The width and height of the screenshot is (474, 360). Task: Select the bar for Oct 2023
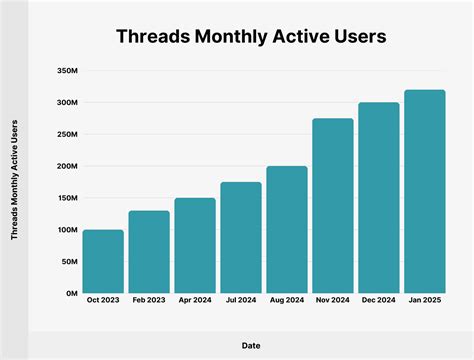pos(103,262)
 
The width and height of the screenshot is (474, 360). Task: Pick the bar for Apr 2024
pos(195,246)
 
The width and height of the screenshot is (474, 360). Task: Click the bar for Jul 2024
pos(241,238)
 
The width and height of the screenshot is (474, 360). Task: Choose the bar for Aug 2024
pos(287,230)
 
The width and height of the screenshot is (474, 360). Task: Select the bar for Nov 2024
pos(333,206)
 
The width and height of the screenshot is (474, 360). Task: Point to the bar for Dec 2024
pos(379,198)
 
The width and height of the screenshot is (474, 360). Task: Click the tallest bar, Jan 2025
pos(425,192)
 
